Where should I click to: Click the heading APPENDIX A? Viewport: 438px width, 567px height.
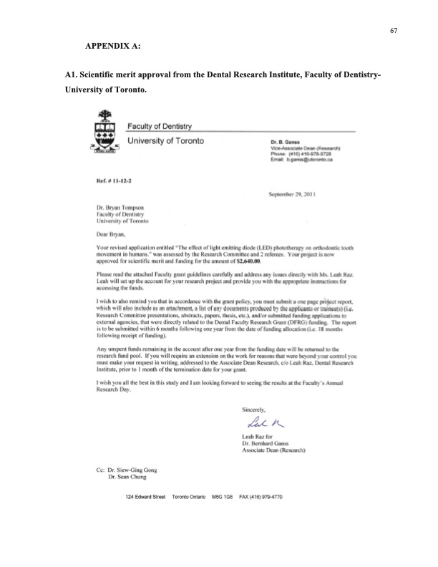click(x=112, y=46)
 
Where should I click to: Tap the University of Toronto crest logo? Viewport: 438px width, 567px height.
click(x=102, y=131)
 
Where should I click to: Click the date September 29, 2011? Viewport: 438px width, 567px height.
click(x=293, y=195)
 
